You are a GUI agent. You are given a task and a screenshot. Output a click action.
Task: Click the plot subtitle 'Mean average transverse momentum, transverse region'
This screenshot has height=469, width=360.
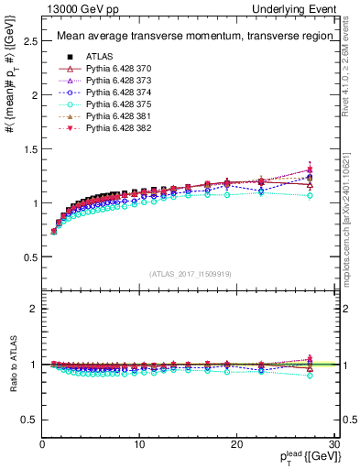[x=187, y=37]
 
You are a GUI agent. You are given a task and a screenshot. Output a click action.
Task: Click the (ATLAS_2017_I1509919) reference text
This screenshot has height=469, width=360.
[x=189, y=274]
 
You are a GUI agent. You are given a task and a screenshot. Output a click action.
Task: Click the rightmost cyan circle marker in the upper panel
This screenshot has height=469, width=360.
[x=310, y=195]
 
